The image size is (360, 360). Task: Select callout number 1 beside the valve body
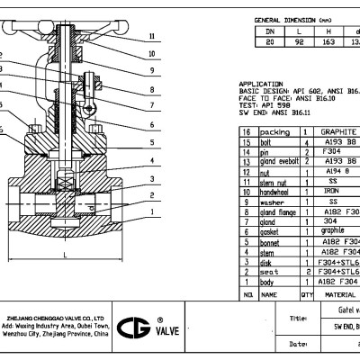point(152,211)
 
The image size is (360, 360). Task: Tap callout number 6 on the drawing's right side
point(152,123)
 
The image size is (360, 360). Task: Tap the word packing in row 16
point(275,131)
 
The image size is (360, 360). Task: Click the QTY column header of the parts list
point(307,294)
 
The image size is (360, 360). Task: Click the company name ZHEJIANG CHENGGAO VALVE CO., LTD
point(58,318)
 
